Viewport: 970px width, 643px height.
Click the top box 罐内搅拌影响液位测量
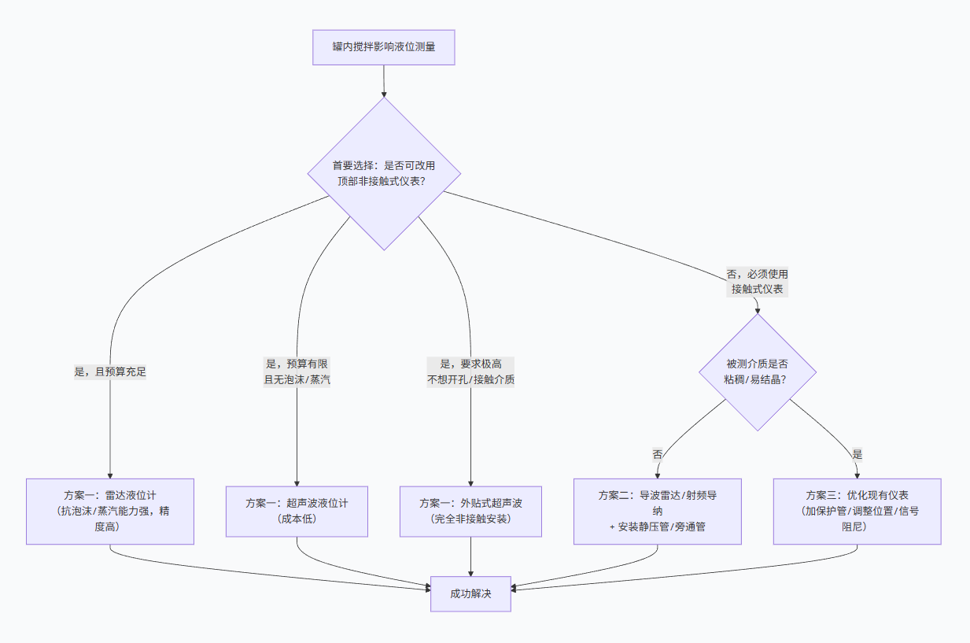(383, 48)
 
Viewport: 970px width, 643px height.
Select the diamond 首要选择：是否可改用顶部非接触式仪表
(383, 173)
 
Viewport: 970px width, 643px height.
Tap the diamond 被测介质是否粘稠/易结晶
(758, 371)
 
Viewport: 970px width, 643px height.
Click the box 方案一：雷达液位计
(110, 511)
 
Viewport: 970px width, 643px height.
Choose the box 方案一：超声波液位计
(297, 511)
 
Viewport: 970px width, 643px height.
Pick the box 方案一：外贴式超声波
(470, 511)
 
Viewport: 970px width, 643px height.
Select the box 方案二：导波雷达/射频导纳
(657, 511)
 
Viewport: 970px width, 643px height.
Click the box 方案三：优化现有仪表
(857, 511)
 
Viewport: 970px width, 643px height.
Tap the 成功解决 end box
(470, 594)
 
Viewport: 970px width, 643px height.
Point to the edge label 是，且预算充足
(110, 371)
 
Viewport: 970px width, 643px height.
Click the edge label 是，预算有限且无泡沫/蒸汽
(297, 371)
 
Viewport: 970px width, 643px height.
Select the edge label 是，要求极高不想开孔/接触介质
(470, 371)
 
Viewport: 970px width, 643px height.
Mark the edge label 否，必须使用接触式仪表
(758, 282)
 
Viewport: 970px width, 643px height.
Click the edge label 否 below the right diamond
(657, 454)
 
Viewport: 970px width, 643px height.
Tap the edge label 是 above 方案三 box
(857, 454)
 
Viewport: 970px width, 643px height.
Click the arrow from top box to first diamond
(383, 81)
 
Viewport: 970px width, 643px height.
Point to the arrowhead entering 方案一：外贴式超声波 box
(470, 482)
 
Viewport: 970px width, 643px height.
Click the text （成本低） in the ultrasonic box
(297, 519)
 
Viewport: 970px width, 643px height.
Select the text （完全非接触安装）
(470, 519)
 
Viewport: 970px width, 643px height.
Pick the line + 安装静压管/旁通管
(657, 527)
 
